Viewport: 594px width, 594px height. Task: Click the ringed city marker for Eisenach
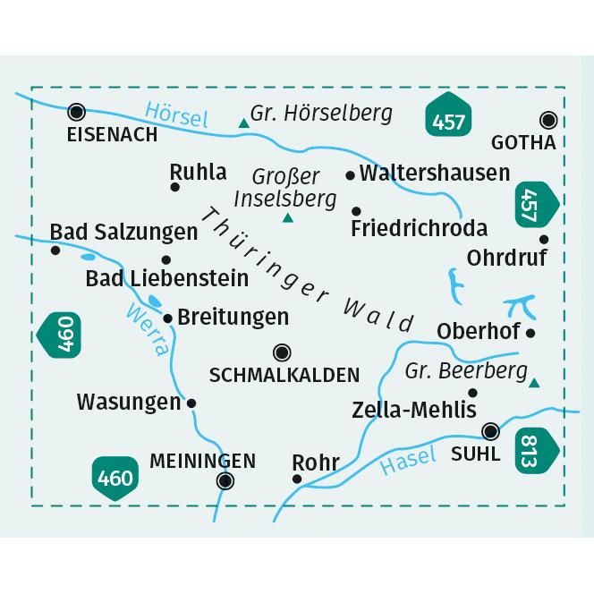click(x=77, y=112)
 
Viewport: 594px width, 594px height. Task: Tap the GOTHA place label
click(x=523, y=143)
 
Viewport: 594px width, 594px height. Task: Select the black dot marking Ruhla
click(x=175, y=187)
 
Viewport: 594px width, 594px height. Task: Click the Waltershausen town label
click(x=434, y=174)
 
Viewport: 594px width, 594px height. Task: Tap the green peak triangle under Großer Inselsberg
click(x=288, y=217)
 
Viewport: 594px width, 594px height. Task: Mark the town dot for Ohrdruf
click(x=544, y=239)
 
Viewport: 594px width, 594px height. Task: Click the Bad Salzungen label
click(x=123, y=233)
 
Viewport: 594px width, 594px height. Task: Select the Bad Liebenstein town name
click(x=167, y=278)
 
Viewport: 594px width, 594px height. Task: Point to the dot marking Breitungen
click(x=167, y=318)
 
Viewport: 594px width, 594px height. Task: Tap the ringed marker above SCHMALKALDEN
click(x=282, y=352)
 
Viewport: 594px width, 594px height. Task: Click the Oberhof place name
click(x=479, y=332)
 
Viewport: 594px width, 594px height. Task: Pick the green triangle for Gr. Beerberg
click(x=534, y=383)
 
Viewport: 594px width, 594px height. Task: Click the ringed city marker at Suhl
click(x=490, y=431)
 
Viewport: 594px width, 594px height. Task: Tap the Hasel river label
click(x=408, y=462)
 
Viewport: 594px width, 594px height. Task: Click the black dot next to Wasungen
click(x=191, y=403)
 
